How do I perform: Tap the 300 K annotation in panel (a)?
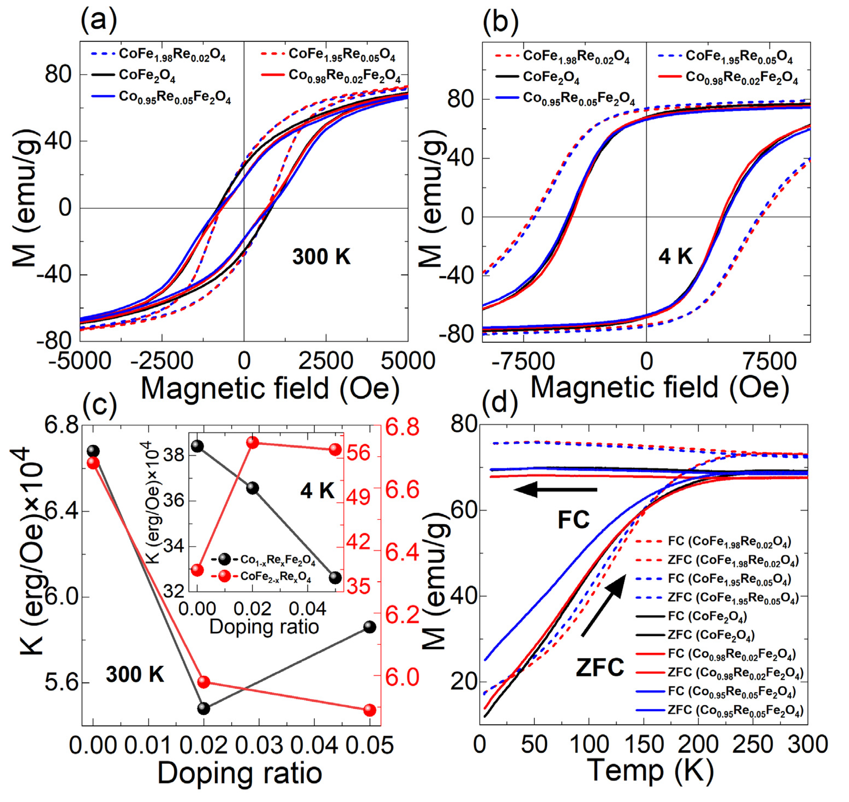click(x=321, y=257)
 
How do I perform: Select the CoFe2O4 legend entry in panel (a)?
click(x=147, y=76)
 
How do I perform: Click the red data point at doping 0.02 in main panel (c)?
click(x=204, y=682)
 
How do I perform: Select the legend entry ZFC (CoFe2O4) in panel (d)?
click(x=711, y=635)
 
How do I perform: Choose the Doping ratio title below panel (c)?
click(x=240, y=774)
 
